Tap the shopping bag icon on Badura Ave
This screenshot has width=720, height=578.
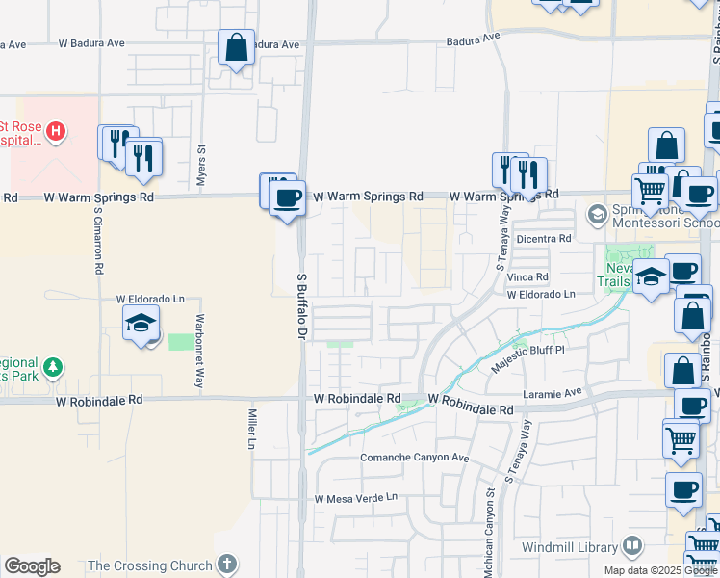(236, 47)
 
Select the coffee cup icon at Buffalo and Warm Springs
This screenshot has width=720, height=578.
(285, 198)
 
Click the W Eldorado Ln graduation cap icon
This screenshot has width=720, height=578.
(141, 324)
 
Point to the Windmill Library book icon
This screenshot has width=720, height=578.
(631, 546)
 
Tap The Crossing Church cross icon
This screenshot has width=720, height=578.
(226, 565)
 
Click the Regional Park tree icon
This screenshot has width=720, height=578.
(54, 367)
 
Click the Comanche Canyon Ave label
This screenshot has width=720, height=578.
(414, 458)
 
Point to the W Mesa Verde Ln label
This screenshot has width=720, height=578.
(355, 498)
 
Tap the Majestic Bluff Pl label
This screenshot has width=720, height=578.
(527, 360)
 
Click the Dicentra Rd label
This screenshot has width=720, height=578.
(544, 238)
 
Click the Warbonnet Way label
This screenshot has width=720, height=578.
(200, 336)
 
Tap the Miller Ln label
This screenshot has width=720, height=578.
(251, 428)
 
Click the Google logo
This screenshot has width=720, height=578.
(32, 566)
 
